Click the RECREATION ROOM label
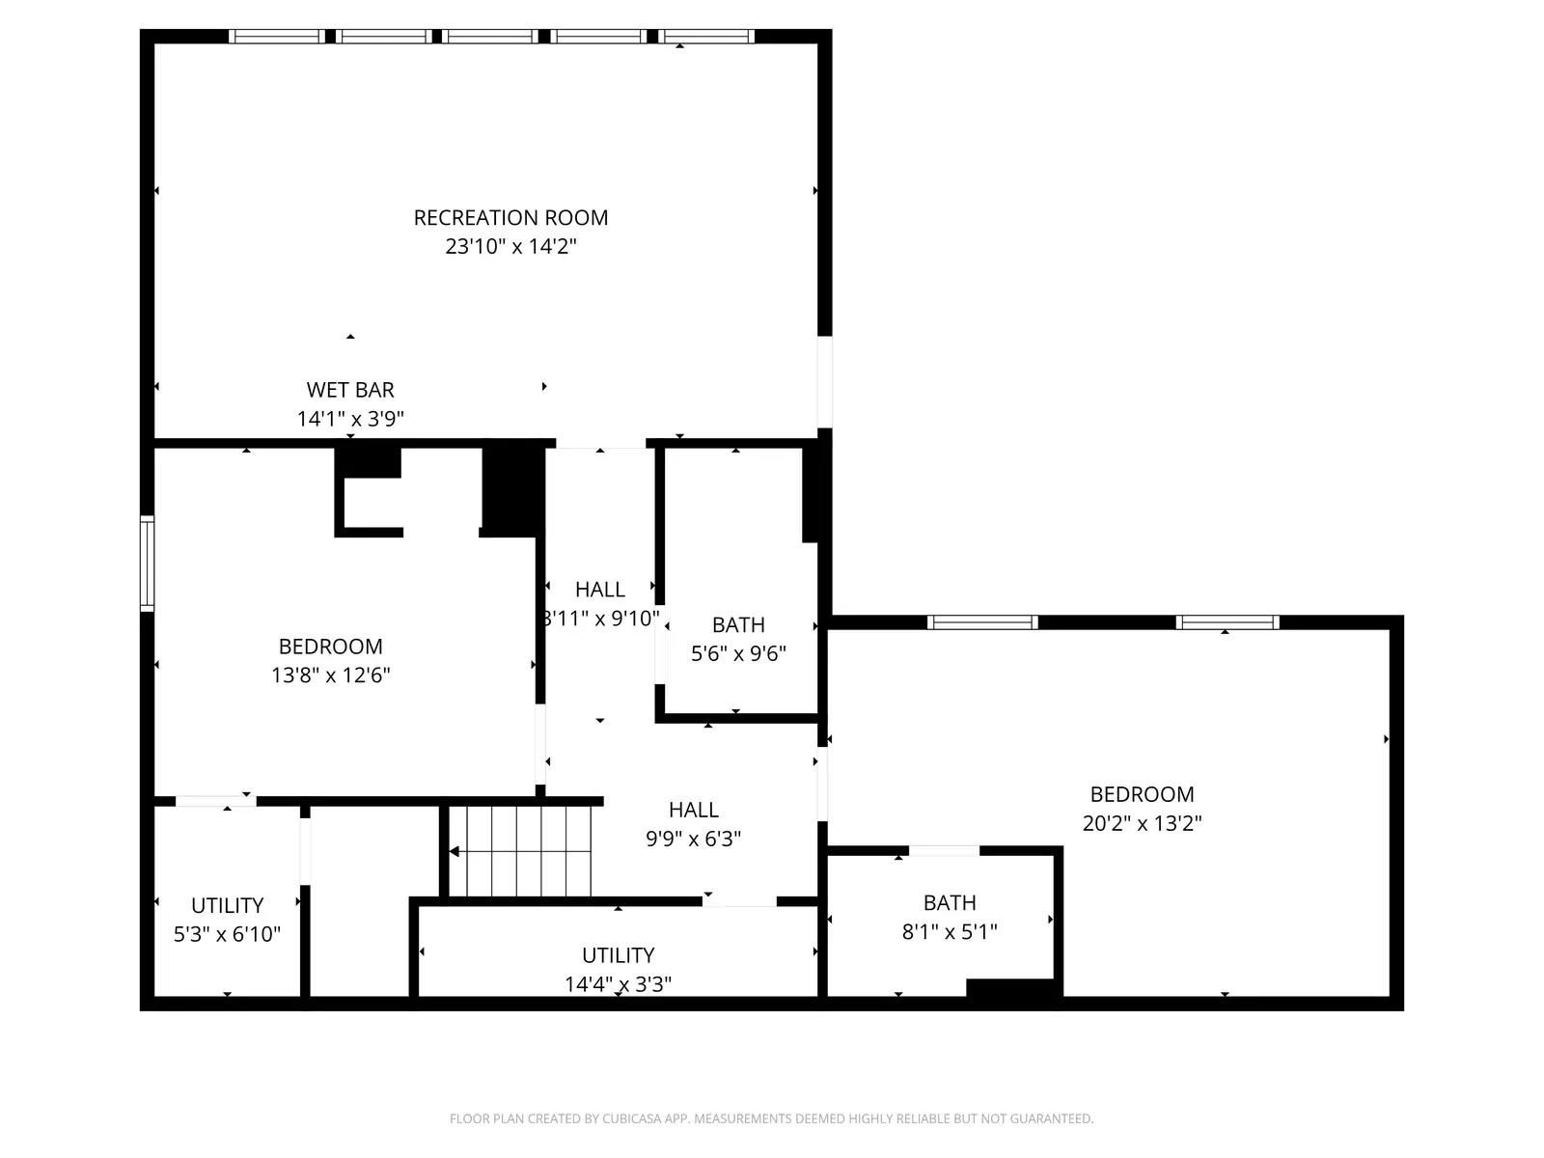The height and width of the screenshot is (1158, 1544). click(510, 218)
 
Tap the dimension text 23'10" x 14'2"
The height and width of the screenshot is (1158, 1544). click(510, 247)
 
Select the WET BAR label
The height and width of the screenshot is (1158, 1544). click(350, 390)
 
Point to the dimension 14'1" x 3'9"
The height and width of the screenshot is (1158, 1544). click(350, 419)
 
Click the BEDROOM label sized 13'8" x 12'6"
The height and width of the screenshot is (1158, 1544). click(330, 647)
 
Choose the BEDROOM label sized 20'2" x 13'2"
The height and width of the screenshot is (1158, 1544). click(1142, 794)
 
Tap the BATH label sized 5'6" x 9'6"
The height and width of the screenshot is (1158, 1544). click(738, 624)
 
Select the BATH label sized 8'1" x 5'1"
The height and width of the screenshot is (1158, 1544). click(950, 902)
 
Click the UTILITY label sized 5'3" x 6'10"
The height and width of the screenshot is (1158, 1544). click(227, 905)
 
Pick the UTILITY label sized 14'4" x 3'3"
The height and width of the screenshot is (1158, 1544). click(618, 955)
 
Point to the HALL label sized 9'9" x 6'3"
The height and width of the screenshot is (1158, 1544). click(693, 810)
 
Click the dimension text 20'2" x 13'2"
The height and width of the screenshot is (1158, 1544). click(1142, 823)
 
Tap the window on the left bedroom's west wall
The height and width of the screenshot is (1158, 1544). click(147, 564)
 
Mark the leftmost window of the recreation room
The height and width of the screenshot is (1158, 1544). click(276, 37)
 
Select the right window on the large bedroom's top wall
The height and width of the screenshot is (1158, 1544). click(1227, 622)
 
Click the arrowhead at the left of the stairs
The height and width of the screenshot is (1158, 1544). click(455, 851)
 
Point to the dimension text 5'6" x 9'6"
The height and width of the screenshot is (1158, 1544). click(738, 653)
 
